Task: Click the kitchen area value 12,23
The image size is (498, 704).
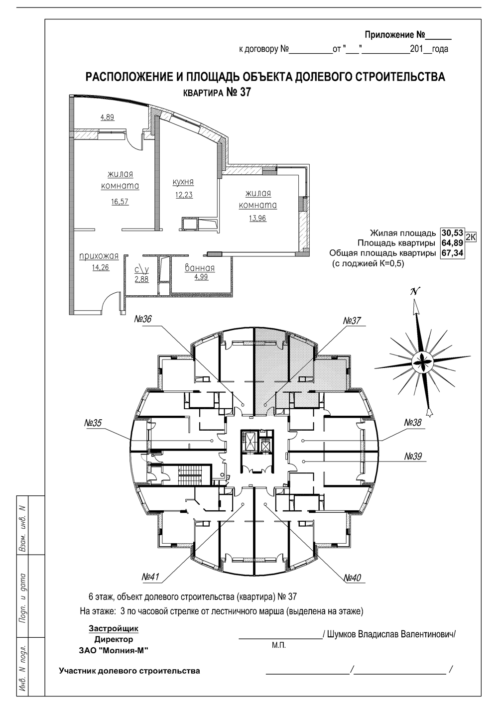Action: click(184, 195)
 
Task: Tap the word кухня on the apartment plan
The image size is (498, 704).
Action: click(183, 182)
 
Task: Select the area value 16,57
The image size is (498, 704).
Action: click(120, 202)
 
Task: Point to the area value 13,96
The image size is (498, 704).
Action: click(258, 218)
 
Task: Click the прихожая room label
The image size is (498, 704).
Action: click(99, 256)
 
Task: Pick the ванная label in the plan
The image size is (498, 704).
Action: click(200, 268)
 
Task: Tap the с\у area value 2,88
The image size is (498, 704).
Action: click(141, 279)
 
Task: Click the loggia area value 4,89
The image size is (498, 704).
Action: click(107, 117)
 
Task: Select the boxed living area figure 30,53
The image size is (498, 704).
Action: click(452, 233)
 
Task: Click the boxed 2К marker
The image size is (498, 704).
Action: click(470, 237)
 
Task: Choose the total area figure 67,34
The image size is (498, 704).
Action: click(452, 253)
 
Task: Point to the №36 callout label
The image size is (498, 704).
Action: click(143, 319)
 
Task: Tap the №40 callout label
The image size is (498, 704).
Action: click(353, 578)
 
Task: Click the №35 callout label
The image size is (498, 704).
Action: click(93, 423)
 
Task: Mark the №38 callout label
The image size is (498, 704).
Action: click(413, 422)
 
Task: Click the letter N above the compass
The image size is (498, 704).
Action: click(415, 292)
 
